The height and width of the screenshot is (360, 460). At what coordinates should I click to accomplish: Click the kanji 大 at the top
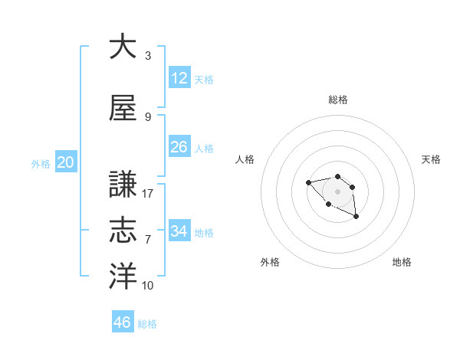pyautogui.click(x=123, y=47)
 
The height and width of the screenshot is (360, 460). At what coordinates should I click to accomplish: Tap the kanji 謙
pyautogui.click(x=123, y=185)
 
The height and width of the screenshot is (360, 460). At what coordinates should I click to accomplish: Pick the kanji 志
pyautogui.click(x=123, y=230)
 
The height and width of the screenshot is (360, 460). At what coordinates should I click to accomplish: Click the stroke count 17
pyautogui.click(x=148, y=194)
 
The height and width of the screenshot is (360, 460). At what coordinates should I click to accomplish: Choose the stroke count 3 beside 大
pyautogui.click(x=148, y=56)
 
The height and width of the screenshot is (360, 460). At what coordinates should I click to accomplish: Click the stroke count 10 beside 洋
pyautogui.click(x=148, y=286)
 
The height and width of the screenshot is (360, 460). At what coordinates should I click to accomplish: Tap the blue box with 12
pyautogui.click(x=179, y=78)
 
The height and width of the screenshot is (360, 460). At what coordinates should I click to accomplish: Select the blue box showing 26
pyautogui.click(x=179, y=147)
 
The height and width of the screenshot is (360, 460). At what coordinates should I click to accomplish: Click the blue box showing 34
pyautogui.click(x=179, y=231)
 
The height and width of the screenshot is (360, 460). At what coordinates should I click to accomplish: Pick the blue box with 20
pyautogui.click(x=66, y=162)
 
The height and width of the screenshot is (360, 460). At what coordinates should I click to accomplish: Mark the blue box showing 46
pyautogui.click(x=123, y=322)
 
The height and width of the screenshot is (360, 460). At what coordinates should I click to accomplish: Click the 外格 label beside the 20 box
pyautogui.click(x=40, y=164)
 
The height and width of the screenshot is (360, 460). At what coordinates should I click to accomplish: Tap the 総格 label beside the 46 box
pyautogui.click(x=147, y=324)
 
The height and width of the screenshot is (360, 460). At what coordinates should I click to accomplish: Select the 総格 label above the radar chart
pyautogui.click(x=338, y=100)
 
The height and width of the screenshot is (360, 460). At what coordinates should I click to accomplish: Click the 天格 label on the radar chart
pyautogui.click(x=431, y=159)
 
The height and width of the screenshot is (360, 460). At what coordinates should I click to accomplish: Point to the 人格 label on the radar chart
pyautogui.click(x=245, y=159)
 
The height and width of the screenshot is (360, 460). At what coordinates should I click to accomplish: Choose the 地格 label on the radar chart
pyautogui.click(x=402, y=262)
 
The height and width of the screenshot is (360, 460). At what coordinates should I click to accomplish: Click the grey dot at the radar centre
pyautogui.click(x=337, y=191)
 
